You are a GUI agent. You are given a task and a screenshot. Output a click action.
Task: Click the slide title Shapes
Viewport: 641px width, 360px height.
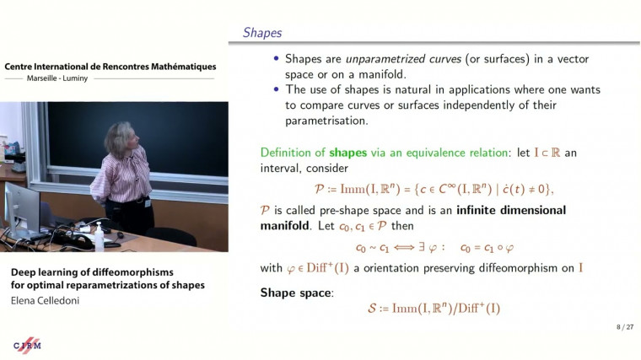click(x=262, y=33)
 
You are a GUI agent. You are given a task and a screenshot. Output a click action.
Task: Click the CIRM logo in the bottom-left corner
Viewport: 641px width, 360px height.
click(x=27, y=344)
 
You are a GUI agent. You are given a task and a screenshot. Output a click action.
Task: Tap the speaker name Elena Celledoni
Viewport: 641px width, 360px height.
click(x=46, y=299)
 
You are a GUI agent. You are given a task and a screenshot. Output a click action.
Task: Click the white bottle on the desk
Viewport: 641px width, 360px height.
click(x=100, y=238)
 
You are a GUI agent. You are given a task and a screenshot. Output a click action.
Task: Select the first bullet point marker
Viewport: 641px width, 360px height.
click(x=277, y=59)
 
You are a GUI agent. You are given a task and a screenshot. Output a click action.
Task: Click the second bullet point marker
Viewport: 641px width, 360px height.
click(x=277, y=89)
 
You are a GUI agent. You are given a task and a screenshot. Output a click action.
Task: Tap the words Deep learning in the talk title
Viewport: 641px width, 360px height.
click(x=42, y=271)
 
